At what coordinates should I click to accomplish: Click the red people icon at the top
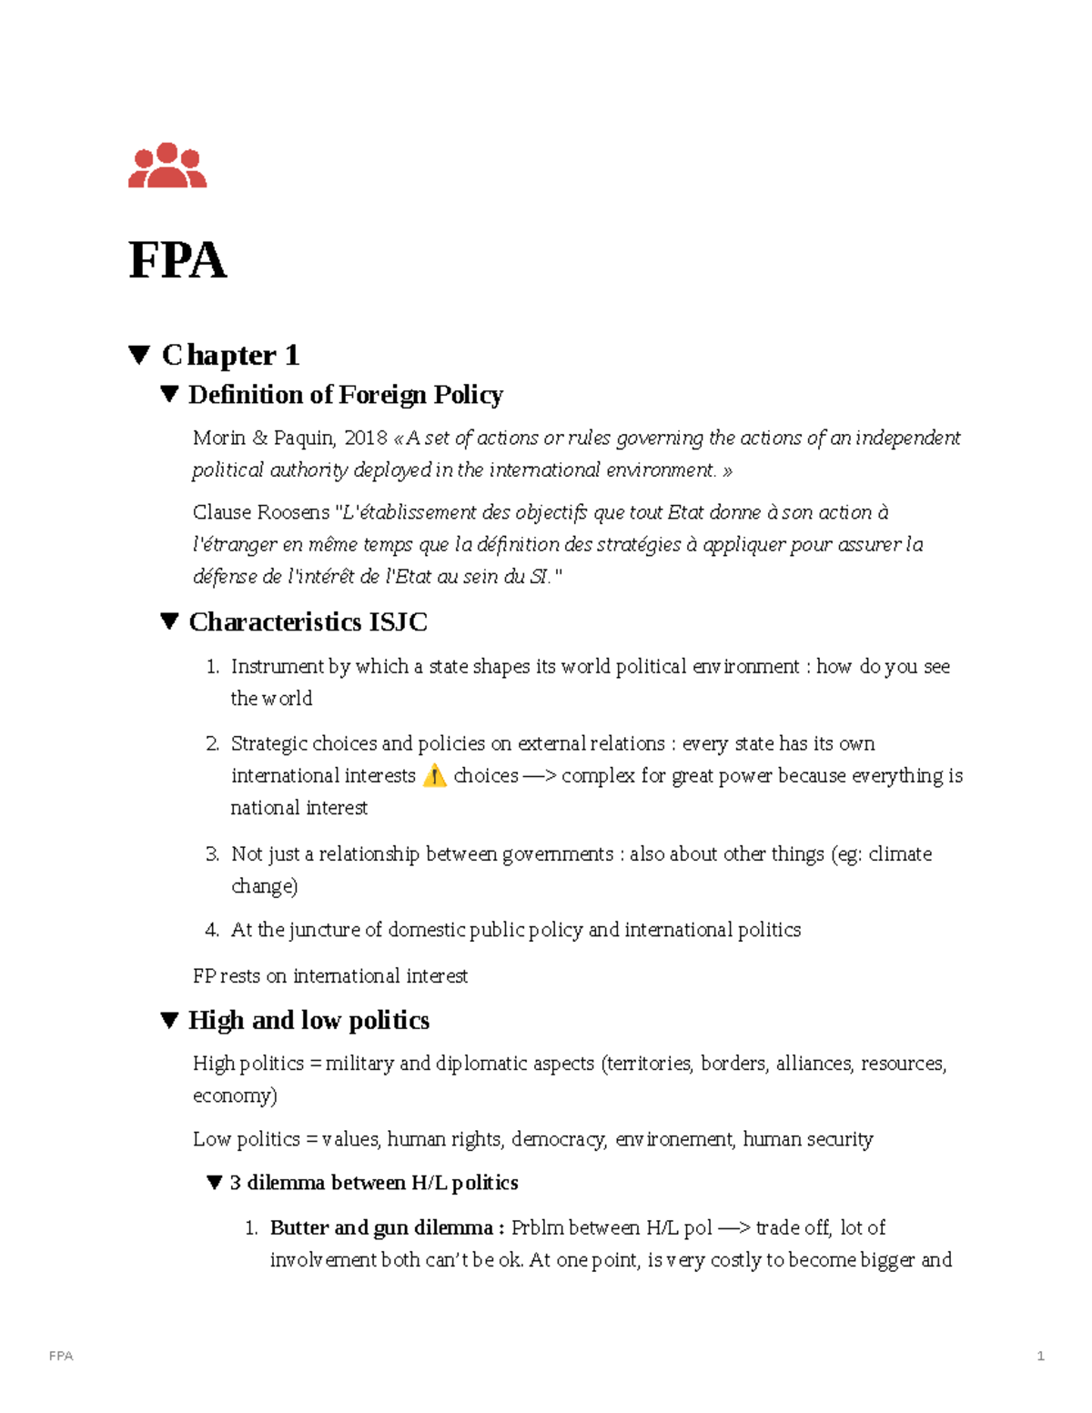(x=167, y=166)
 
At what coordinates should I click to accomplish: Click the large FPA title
(x=177, y=261)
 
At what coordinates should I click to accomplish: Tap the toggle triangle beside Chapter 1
(x=139, y=355)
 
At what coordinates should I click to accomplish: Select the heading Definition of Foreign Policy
(x=345, y=395)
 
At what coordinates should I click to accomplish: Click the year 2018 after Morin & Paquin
(x=366, y=439)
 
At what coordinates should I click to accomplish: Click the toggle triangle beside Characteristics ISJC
(x=169, y=622)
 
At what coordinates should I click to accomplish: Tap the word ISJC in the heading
(x=398, y=622)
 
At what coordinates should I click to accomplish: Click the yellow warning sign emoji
(x=435, y=776)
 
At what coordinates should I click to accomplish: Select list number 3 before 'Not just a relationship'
(x=212, y=854)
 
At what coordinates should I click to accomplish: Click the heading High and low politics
(x=308, y=1021)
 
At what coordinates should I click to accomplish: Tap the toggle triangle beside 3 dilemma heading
(x=215, y=1183)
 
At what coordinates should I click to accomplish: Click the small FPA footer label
(x=61, y=1356)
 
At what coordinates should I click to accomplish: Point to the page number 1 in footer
(x=1040, y=1356)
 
